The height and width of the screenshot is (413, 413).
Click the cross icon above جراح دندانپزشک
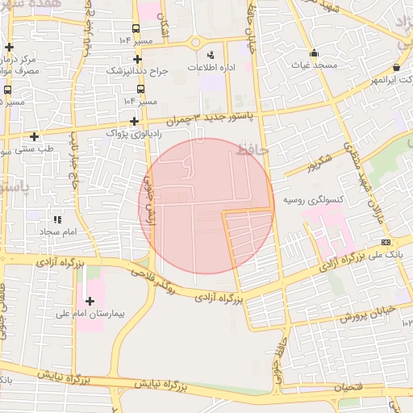tap(137, 59)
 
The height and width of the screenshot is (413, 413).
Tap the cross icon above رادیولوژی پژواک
tap(132, 120)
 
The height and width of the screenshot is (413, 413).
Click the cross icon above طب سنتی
tap(34, 136)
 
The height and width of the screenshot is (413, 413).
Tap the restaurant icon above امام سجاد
tap(56, 219)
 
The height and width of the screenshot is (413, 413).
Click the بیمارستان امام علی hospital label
tap(90, 313)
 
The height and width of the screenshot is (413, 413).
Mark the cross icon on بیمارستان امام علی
tap(89, 301)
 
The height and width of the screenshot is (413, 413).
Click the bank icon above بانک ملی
tap(386, 241)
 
